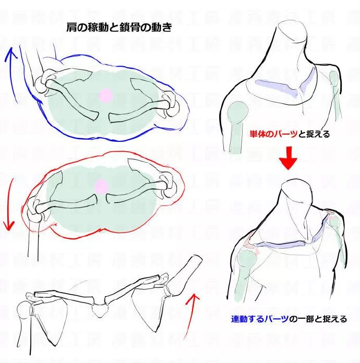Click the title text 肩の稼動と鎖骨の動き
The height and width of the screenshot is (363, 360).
[119, 28]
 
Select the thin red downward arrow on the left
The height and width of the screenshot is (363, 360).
[8, 203]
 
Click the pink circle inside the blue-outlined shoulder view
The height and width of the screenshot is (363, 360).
[106, 95]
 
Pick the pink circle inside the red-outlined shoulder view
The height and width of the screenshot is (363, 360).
[101, 186]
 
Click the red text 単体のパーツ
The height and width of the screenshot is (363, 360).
[272, 135]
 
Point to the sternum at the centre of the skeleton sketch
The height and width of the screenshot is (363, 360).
[99, 310]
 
